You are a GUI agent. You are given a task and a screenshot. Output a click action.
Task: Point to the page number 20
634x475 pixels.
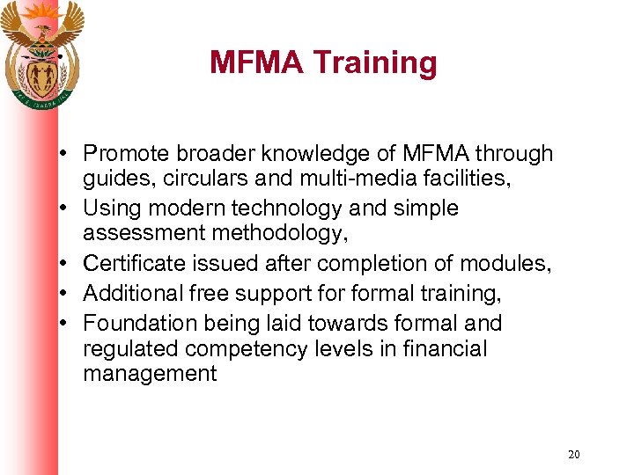(x=574, y=455)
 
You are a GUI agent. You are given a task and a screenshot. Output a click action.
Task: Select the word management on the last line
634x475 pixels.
(x=149, y=373)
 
